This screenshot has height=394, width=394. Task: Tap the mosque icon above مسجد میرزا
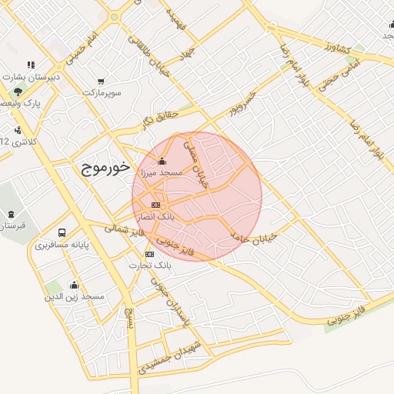pyautogui.click(x=162, y=162)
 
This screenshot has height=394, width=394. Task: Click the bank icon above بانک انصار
pyautogui.click(x=156, y=205)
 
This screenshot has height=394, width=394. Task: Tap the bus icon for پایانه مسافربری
pyautogui.click(x=62, y=232)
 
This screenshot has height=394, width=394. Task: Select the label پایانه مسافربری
pyautogui.click(x=62, y=245)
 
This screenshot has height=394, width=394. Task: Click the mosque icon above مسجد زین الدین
pyautogui.click(x=74, y=285)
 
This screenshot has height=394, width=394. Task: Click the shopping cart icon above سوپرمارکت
pyautogui.click(x=101, y=81)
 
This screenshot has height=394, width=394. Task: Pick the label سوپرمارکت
pyautogui.click(x=104, y=92)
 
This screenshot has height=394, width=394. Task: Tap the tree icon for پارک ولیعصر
pyautogui.click(x=18, y=91)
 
